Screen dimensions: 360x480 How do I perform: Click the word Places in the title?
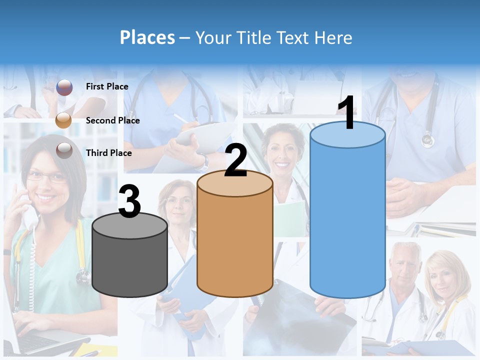147,37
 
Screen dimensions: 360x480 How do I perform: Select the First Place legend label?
107,86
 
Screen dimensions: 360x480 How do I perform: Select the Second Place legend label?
112,120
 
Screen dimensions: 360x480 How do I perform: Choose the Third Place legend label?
108,153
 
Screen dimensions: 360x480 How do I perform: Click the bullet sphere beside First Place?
64,87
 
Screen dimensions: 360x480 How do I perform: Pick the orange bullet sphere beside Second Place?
63,120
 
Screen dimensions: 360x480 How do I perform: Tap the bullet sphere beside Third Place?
64,150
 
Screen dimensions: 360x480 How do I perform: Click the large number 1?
346,113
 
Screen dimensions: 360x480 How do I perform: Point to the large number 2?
235,160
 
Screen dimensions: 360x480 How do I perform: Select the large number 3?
129,201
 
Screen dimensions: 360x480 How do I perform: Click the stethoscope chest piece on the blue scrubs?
427,140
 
